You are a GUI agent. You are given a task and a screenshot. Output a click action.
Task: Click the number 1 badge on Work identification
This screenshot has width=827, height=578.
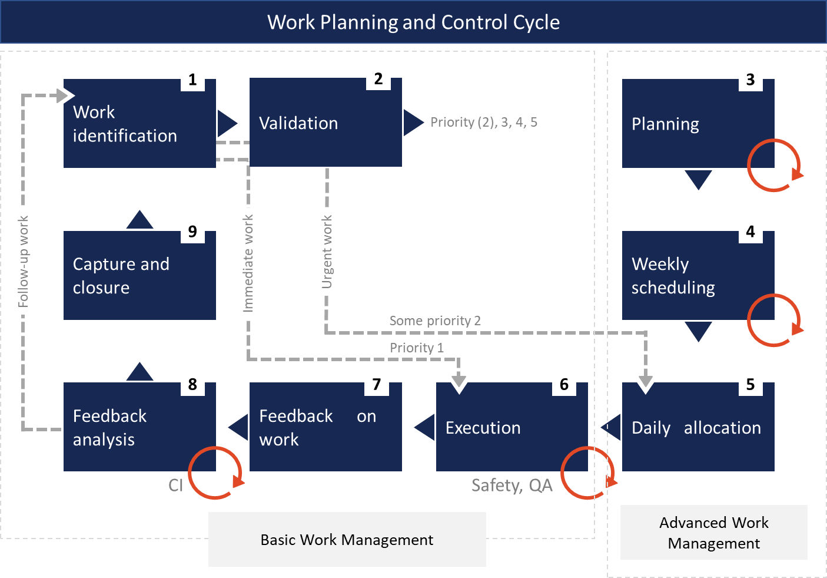pyautogui.click(x=192, y=79)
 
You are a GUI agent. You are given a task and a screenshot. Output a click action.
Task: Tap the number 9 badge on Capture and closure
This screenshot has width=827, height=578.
pyautogui.click(x=192, y=231)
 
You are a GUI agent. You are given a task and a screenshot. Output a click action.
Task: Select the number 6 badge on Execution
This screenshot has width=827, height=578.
pyautogui.click(x=564, y=384)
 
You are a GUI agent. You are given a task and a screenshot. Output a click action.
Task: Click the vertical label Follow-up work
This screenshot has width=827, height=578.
pyautogui.click(x=23, y=261)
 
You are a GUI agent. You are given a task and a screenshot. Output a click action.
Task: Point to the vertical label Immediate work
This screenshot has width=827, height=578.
pyautogui.click(x=248, y=263)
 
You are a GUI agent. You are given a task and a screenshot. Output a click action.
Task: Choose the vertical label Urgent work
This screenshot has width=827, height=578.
pyautogui.click(x=327, y=252)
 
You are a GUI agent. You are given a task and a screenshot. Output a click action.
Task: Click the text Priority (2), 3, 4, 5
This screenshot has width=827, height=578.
pyautogui.click(x=483, y=123)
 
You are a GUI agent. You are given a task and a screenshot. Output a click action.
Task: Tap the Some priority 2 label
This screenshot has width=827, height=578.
pyautogui.click(x=435, y=321)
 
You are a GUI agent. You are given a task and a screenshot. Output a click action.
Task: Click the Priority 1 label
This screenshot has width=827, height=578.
pyautogui.click(x=417, y=348)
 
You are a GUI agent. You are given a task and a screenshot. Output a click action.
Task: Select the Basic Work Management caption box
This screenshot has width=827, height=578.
pyautogui.click(x=347, y=539)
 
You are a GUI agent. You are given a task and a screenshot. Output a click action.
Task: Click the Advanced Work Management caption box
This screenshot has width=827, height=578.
pyautogui.click(x=713, y=532)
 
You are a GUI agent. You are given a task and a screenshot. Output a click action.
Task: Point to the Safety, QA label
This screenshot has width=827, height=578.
pyautogui.click(x=512, y=485)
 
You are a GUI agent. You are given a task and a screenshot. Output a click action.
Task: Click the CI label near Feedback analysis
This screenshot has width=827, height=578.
pyautogui.click(x=175, y=485)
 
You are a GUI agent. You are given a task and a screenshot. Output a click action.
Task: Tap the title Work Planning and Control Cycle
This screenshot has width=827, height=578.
pyautogui.click(x=413, y=22)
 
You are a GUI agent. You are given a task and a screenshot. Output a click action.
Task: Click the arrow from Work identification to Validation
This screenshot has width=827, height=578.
pyautogui.click(x=227, y=123)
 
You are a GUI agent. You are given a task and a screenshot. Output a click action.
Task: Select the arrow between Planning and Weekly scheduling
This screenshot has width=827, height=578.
pyautogui.click(x=698, y=179)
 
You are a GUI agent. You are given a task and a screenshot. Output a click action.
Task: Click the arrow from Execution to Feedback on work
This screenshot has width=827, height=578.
pyautogui.click(x=425, y=427)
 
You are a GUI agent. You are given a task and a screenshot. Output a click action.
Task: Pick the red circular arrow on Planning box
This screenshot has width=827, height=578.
pyautogui.click(x=773, y=166)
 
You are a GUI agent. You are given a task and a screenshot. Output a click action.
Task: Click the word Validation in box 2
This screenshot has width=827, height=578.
pyautogui.click(x=298, y=123)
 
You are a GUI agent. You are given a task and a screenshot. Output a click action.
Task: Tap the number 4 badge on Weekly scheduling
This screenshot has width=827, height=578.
pyautogui.click(x=750, y=231)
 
